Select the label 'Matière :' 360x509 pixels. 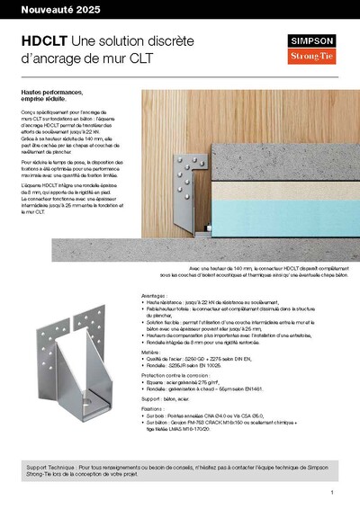point(156,352)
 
